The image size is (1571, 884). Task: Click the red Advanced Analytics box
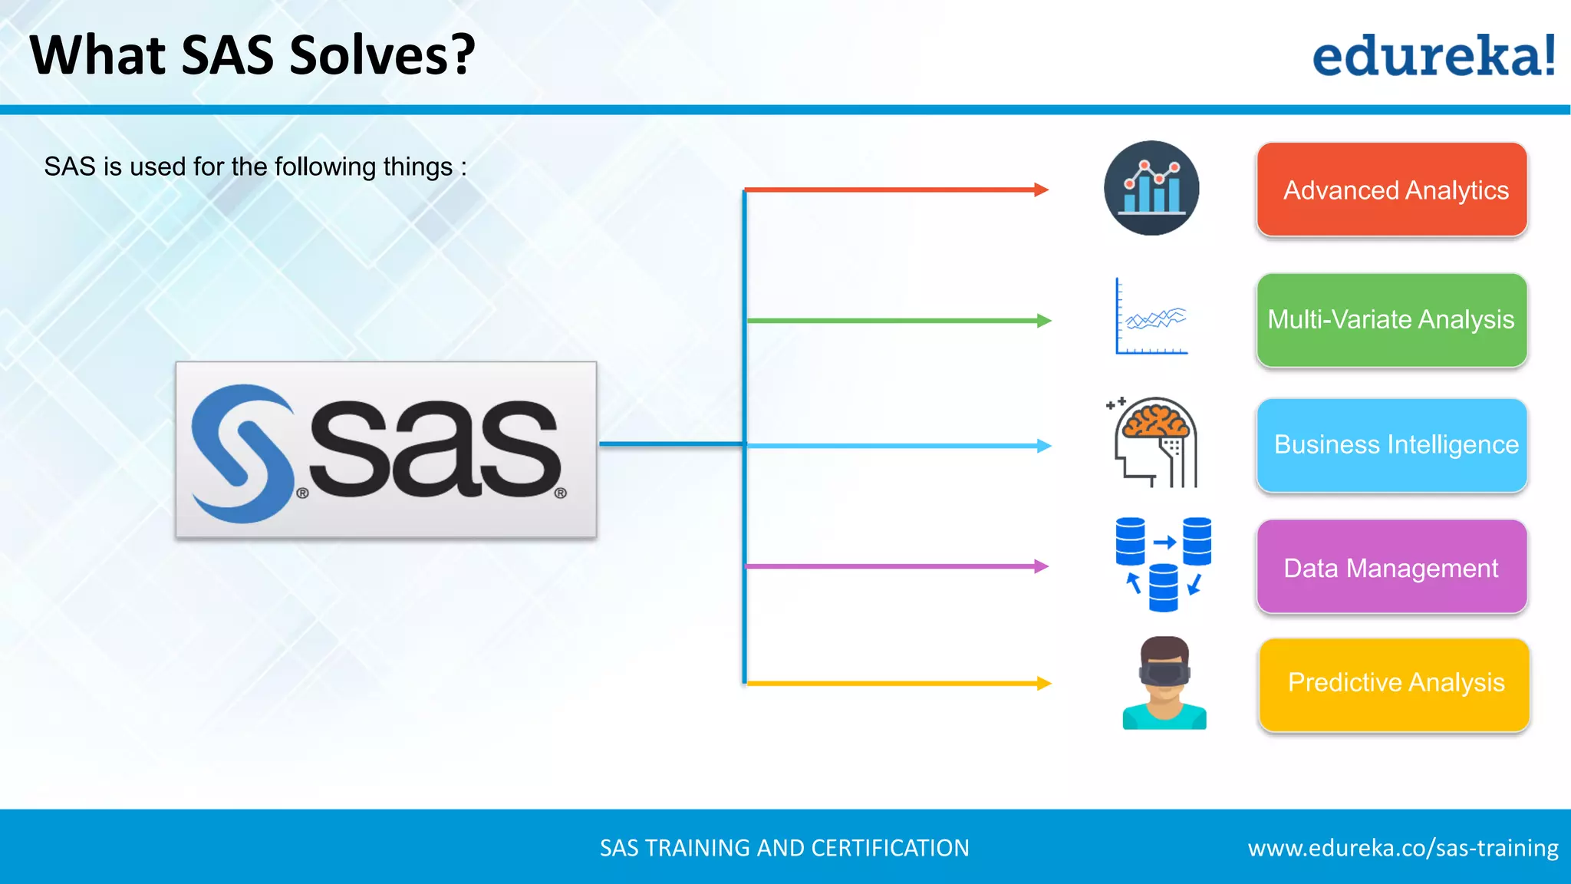point(1392,190)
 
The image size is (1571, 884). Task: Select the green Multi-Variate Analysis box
point(1392,320)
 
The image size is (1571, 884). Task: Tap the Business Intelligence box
point(1392,445)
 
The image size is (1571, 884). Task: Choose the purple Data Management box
point(1392,567)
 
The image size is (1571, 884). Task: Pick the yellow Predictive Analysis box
point(1394,684)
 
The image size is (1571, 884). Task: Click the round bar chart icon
point(1151,188)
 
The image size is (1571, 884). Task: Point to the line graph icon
point(1151,317)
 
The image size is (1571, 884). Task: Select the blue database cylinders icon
point(1163,564)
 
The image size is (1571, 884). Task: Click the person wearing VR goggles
point(1164,683)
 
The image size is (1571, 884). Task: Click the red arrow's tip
point(1046,190)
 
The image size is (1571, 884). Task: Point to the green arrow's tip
point(1048,321)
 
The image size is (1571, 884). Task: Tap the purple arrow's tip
point(1046,566)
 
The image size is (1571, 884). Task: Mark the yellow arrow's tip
point(1048,683)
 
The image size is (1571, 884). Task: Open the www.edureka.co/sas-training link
point(1402,848)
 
